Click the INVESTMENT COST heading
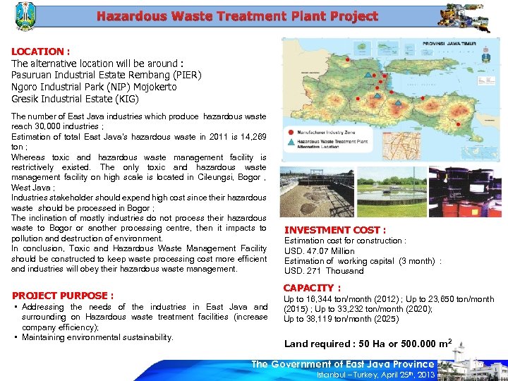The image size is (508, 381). (334, 230)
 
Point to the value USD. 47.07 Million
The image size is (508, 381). (319, 251)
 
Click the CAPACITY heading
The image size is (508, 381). (311, 288)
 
